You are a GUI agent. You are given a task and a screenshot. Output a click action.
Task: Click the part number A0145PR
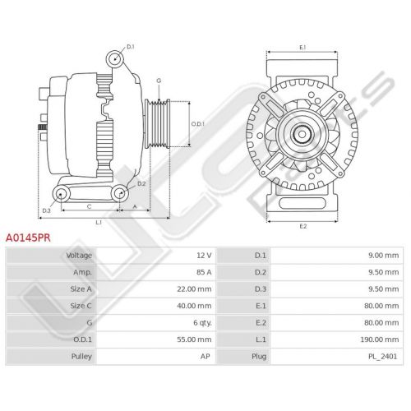(28, 238)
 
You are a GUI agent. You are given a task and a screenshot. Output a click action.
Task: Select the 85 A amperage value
(204, 272)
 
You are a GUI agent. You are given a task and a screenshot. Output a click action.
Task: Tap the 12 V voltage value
(204, 256)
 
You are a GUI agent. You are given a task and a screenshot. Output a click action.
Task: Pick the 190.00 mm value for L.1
(380, 339)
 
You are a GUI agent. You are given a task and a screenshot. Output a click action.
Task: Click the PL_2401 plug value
(382, 357)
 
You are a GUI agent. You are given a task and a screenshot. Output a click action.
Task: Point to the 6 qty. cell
(202, 323)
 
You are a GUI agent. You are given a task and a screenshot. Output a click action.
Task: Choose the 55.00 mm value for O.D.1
(194, 339)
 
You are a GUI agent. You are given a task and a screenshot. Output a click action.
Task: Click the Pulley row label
(81, 357)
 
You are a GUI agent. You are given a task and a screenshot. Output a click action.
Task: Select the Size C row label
(81, 306)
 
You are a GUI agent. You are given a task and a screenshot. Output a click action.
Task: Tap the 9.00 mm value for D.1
(384, 256)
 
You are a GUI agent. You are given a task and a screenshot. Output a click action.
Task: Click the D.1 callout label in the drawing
(131, 47)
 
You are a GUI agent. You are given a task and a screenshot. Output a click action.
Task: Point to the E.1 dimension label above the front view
(302, 48)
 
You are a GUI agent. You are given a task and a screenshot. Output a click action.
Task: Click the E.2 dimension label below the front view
(303, 226)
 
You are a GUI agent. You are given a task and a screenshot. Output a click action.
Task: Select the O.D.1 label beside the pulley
(198, 124)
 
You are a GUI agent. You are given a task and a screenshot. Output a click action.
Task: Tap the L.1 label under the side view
(99, 223)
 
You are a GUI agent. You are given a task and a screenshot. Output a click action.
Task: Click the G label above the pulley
(159, 81)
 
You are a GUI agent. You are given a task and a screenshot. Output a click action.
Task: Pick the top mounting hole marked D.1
(114, 59)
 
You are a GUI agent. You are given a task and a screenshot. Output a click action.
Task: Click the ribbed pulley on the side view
(157, 123)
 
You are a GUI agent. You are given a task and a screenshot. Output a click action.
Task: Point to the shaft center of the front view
(302, 134)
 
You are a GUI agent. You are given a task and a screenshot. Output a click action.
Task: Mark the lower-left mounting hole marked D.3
(61, 194)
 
